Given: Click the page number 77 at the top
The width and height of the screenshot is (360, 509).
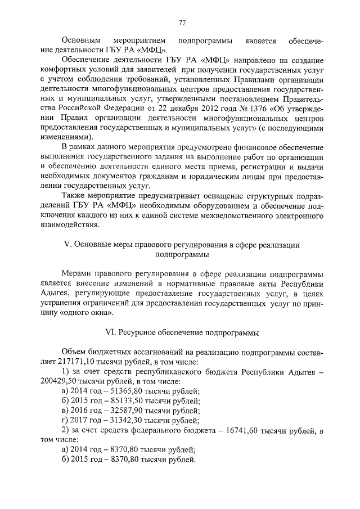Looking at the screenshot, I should click(182, 23).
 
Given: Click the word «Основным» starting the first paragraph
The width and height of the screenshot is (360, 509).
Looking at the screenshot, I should click(80, 42).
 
